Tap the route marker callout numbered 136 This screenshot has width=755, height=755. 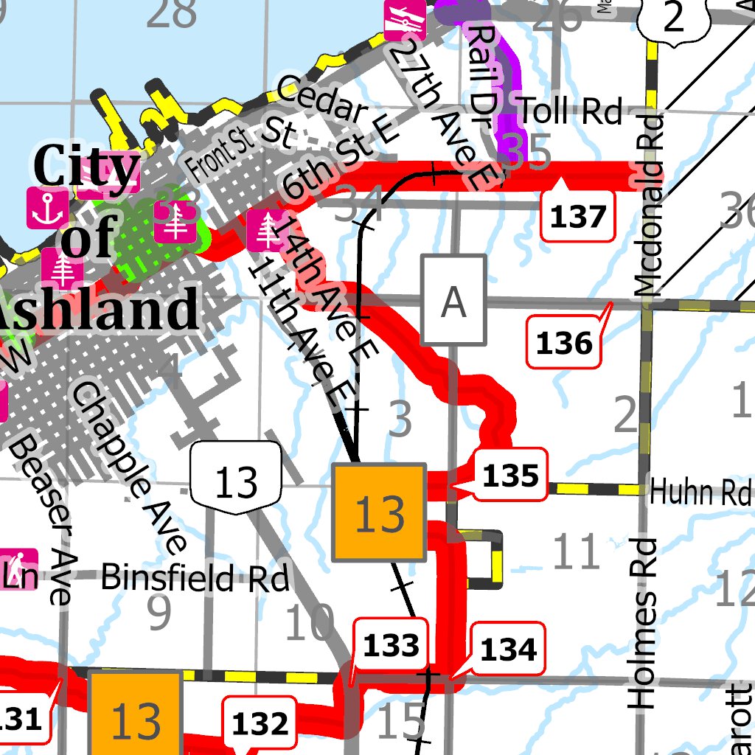coord(564,343)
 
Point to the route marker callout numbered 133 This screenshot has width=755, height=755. coord(392,646)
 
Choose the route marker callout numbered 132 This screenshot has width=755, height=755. coord(260,724)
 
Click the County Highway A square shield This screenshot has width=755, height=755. coord(453,299)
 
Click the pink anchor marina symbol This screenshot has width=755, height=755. coord(48,207)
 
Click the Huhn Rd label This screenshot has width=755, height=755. coord(700,492)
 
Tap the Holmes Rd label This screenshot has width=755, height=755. coord(643,623)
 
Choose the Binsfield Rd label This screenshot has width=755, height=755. coord(195,577)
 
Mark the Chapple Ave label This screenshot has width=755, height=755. coord(130,466)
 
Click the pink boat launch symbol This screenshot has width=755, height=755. coord(405,21)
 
